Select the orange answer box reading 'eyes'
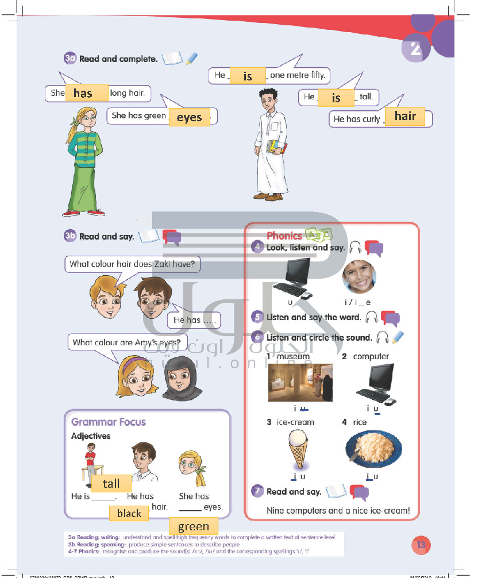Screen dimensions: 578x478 pyautogui.click(x=189, y=117)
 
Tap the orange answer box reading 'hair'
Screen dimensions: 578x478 pyautogui.click(x=405, y=116)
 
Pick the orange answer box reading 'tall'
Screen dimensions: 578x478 pyautogui.click(x=111, y=484)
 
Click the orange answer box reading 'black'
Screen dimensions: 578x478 pyautogui.click(x=129, y=513)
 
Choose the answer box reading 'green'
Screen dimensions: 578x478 pyautogui.click(x=194, y=526)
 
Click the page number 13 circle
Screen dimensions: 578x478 pyautogui.click(x=421, y=545)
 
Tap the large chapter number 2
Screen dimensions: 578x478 pyautogui.click(x=415, y=51)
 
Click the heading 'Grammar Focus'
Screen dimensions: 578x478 pyautogui.click(x=109, y=422)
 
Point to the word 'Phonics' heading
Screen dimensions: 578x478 pyautogui.click(x=284, y=236)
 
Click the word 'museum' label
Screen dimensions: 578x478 pyautogui.click(x=293, y=356)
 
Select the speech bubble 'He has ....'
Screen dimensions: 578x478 pyautogui.click(x=194, y=320)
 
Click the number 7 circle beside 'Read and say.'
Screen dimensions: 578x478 pyautogui.click(x=258, y=491)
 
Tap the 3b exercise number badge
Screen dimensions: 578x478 pyautogui.click(x=70, y=236)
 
